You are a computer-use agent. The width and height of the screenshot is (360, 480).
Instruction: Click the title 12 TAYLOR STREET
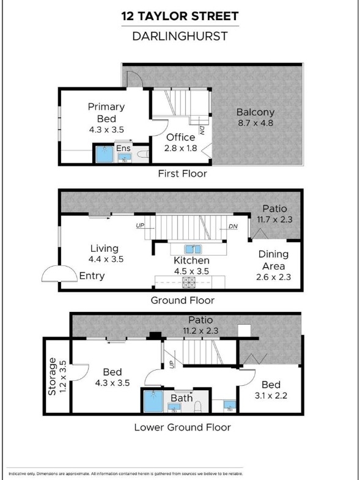pos(180,16)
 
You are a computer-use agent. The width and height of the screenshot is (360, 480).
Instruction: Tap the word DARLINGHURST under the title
pos(180,36)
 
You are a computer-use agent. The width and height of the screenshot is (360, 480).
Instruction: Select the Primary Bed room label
pos(106,113)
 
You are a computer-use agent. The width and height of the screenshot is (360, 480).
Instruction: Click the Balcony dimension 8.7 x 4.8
pos(255,123)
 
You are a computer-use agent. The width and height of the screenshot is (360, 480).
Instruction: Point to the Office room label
pos(181,137)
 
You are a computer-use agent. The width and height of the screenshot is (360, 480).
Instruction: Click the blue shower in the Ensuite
pos(105,154)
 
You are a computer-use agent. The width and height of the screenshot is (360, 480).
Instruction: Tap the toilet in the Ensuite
pos(143,155)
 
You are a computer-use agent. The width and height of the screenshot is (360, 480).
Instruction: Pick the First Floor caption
pos(183,174)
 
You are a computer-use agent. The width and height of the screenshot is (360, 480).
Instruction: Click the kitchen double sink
pos(193,249)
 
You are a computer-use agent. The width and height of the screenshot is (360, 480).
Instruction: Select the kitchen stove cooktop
pos(189,282)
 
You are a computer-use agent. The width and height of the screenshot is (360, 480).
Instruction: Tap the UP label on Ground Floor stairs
pos(140,226)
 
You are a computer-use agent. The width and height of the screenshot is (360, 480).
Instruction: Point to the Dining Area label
pos(273,260)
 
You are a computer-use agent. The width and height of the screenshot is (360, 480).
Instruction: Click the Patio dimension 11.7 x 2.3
pos(274,220)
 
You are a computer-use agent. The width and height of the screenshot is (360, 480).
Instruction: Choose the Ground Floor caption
pos(183,300)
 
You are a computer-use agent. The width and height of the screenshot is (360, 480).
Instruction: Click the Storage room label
pos(53,376)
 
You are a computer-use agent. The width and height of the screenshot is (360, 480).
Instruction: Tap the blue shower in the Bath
pos(153,401)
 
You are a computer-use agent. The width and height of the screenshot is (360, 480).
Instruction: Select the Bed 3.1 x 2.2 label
pos(271,390)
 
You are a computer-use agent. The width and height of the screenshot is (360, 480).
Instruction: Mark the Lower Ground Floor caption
pos(183,427)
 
